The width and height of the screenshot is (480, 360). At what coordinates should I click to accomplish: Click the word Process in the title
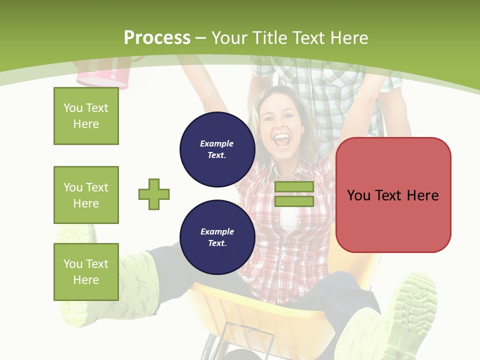pyautogui.click(x=157, y=38)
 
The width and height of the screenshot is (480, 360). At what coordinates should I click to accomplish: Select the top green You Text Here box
pyautogui.click(x=86, y=116)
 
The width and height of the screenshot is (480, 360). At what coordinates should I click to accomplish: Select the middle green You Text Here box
pyautogui.click(x=86, y=195)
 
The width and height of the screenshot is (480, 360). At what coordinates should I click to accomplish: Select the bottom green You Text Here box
pyautogui.click(x=86, y=272)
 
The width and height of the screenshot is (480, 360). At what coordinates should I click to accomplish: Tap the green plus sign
pyautogui.click(x=154, y=194)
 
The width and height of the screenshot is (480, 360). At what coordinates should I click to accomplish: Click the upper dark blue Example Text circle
pyautogui.click(x=217, y=149)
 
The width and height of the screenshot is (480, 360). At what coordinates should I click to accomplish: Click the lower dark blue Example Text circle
pyautogui.click(x=217, y=237)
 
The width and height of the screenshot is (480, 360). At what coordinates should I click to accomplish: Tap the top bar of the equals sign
pyautogui.click(x=294, y=187)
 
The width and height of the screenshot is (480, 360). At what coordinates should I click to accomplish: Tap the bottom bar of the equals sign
pyautogui.click(x=294, y=201)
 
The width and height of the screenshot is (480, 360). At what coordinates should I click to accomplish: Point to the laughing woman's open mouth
pyautogui.click(x=283, y=139)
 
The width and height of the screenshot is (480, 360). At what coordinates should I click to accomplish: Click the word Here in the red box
pyautogui.click(x=422, y=195)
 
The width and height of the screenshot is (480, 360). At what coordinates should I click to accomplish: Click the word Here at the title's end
pyautogui.click(x=348, y=38)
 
